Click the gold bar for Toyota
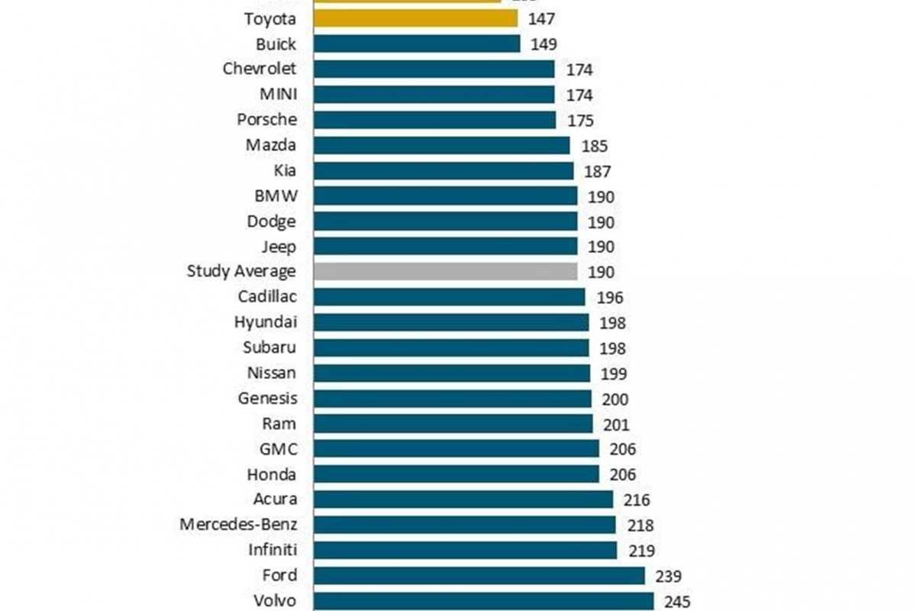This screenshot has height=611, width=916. [x=416, y=18]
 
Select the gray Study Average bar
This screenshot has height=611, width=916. [x=445, y=271]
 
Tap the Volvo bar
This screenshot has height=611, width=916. [x=484, y=600]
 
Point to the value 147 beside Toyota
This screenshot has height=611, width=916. [x=541, y=19]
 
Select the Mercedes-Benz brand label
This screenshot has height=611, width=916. [x=238, y=525]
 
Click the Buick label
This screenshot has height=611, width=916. [x=276, y=44]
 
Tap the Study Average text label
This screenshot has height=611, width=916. [x=241, y=271]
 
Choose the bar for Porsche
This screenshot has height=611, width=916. [x=434, y=120]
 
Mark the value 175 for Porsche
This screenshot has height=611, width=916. [x=581, y=121]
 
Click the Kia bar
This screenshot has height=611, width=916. [x=443, y=170]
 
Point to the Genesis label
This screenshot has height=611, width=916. [x=267, y=398]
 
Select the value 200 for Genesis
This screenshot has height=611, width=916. [x=615, y=399]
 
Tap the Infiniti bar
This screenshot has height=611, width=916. [x=466, y=550]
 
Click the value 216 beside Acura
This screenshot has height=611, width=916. [x=637, y=500]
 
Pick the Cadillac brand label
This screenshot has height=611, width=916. [x=266, y=296]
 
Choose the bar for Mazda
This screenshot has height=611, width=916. [x=442, y=145]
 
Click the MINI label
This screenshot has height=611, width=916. [x=278, y=95]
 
